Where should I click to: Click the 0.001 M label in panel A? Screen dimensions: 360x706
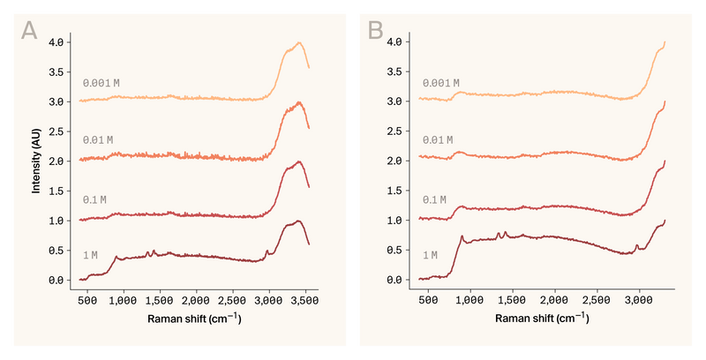(101, 83)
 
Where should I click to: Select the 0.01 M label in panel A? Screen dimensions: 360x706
(98, 140)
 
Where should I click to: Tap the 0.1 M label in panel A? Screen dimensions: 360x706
(94, 200)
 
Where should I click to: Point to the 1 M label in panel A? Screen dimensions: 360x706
(90, 255)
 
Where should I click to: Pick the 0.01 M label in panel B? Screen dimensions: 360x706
(439, 140)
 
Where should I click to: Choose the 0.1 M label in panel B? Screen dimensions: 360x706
(436, 200)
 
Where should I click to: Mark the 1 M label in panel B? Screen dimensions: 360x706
(431, 255)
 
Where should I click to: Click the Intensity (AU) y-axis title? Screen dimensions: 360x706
(36, 161)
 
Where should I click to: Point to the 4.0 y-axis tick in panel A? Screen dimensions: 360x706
(56, 42)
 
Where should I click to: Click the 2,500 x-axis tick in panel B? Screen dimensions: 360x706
(597, 300)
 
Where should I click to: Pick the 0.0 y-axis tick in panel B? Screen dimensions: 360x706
(395, 280)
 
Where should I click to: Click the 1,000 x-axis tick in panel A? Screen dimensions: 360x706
(124, 300)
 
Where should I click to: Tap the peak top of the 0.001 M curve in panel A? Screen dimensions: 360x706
(300, 42)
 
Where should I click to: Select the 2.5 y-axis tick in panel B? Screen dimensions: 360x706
(395, 131)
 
